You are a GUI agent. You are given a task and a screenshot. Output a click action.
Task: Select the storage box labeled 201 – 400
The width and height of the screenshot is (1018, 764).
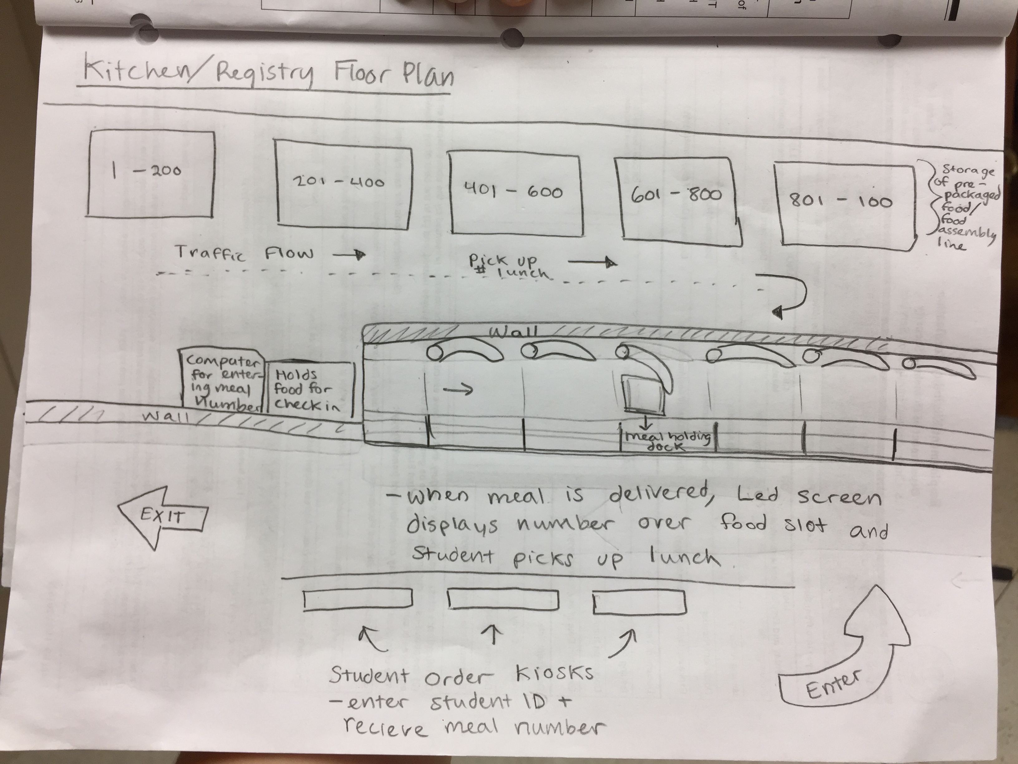pyautogui.click(x=342, y=189)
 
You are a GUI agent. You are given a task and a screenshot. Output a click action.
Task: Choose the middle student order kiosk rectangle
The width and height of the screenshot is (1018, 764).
pyautogui.click(x=503, y=600)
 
